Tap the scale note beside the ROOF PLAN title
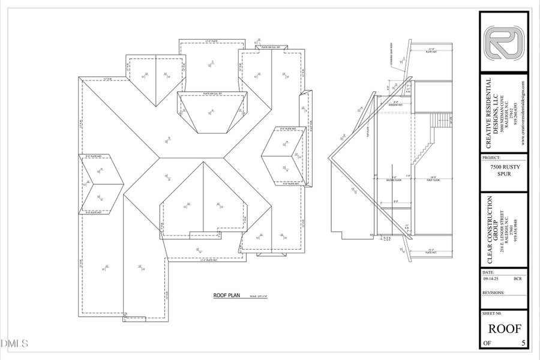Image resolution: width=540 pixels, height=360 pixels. pos(257,296)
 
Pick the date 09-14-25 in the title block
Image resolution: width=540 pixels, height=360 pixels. pos(491,278)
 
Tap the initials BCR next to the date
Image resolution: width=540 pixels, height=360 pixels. pos(517,278)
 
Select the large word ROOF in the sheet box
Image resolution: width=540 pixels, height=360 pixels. pos(503,328)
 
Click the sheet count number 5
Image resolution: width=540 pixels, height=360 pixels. pos(524,344)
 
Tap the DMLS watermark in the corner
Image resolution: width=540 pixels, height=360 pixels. pos(15,344)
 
